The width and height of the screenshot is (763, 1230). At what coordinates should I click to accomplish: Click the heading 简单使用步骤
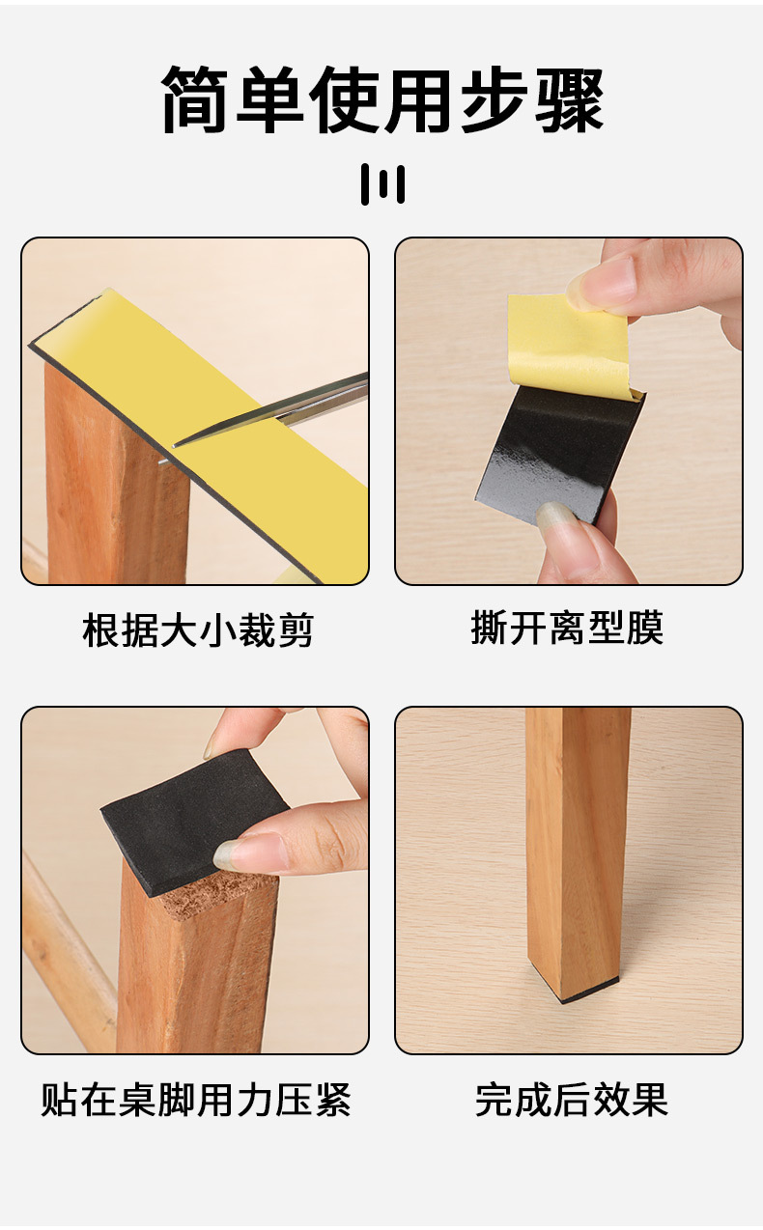click(382, 99)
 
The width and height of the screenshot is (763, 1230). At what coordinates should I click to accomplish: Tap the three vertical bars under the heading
click(382, 184)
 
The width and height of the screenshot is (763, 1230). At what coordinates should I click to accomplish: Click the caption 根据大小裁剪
click(198, 629)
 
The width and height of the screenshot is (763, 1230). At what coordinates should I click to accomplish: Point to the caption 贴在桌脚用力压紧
click(196, 1100)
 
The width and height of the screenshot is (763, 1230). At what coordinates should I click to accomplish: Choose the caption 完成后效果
click(572, 1100)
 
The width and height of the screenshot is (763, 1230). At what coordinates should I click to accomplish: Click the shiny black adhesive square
click(560, 453)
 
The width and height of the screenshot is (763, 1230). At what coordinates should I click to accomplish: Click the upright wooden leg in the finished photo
click(577, 852)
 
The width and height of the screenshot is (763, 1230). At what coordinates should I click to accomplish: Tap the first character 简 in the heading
click(194, 99)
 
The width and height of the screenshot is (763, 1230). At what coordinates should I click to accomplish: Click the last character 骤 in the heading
click(569, 99)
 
